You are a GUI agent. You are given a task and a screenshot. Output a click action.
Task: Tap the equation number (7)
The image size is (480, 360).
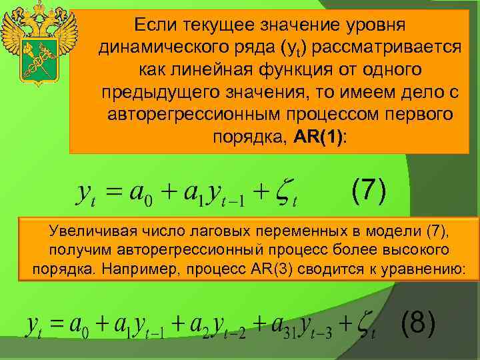[369, 191]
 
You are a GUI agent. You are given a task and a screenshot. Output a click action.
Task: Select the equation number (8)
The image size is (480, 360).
[419, 325]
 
